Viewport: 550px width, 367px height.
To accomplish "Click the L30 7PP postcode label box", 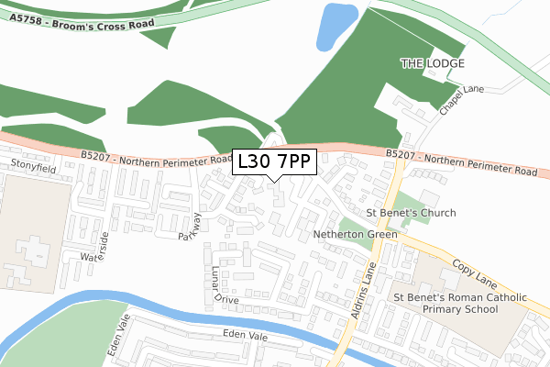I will [x=275, y=162].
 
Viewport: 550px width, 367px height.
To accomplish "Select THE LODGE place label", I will [x=433, y=63].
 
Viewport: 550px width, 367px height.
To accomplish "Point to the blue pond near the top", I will [x=337, y=27].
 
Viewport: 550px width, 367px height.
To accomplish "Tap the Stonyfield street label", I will [x=33, y=165].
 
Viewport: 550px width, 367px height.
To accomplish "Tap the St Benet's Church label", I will [x=411, y=214].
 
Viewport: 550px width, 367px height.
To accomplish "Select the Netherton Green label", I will [x=355, y=235].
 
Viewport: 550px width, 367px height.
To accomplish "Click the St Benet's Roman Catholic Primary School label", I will [x=445, y=304].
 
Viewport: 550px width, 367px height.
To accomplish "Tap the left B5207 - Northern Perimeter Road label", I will [x=156, y=159].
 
